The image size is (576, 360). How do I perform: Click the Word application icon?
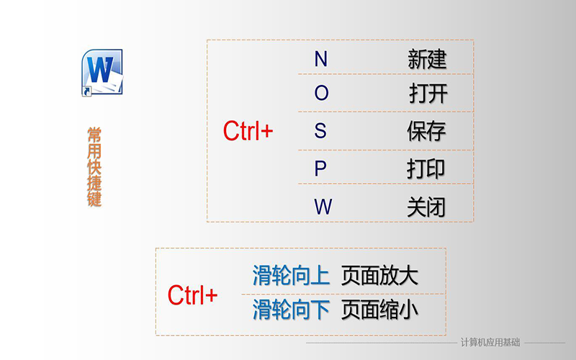pos(102,73)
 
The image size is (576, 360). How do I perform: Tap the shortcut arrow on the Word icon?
pos(86,91)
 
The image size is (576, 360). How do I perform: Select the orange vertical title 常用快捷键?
pos(94,167)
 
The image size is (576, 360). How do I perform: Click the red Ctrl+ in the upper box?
pos(248,131)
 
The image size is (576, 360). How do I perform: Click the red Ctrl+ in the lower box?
pos(192,295)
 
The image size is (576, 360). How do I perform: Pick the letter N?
pos(320,59)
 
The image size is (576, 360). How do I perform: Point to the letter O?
pos(321,93)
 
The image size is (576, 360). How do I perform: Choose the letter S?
pos(320,130)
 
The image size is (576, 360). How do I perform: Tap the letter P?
pos(320,168)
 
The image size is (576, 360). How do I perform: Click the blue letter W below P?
pos(323,207)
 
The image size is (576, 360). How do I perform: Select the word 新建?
pos(427,59)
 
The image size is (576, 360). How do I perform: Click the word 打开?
pos(428,94)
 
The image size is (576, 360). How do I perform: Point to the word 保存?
pos(426,131)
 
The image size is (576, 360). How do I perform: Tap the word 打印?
pos(426,169)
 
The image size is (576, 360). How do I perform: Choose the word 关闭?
pos(426,207)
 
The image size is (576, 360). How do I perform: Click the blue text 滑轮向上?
pos(291,276)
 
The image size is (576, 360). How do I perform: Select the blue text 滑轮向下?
pos(291,310)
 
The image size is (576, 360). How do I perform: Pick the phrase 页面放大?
pos(379,276)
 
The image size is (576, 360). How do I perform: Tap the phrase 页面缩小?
pos(379,310)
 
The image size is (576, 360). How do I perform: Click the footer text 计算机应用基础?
pos(490,343)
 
